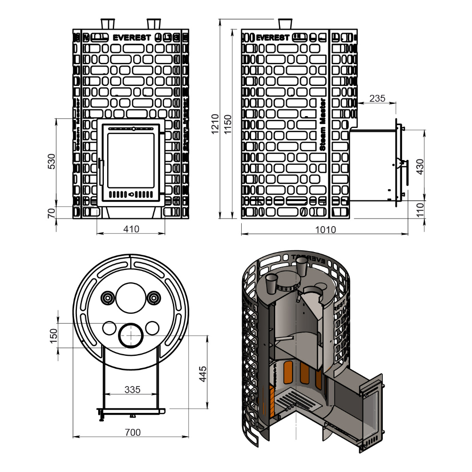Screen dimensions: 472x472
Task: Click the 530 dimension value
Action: pos(52,161)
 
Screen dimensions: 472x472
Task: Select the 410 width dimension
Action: pos(131,229)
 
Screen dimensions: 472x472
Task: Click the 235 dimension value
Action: pos(377,99)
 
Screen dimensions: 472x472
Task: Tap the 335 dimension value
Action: pos(132,390)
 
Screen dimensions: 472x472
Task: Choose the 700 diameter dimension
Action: pos(133,432)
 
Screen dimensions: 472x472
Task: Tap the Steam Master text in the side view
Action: pos(323,125)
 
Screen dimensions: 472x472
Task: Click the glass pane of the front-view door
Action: pos(131,160)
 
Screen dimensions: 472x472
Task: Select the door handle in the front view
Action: pos(100,172)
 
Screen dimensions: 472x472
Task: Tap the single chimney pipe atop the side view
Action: pos(285,24)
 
